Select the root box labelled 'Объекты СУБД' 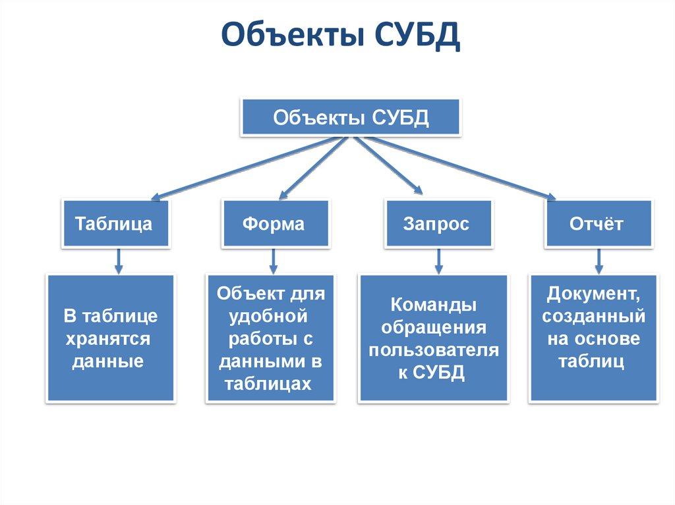(x=351, y=119)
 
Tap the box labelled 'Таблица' (x=114, y=223)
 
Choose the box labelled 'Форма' (x=274, y=223)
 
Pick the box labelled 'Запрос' (x=436, y=223)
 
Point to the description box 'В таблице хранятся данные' (x=110, y=338)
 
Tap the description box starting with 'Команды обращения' (x=433, y=338)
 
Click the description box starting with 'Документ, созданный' (x=594, y=338)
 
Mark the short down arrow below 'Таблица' (x=118, y=261)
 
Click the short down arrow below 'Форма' (x=274, y=261)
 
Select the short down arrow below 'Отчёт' (x=599, y=261)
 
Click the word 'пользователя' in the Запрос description (x=434, y=350)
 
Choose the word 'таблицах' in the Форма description (x=267, y=384)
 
